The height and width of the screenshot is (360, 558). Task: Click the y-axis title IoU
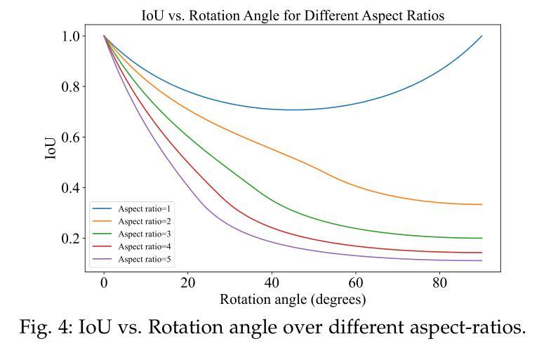[51, 148]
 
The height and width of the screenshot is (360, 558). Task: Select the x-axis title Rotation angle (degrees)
[293, 299]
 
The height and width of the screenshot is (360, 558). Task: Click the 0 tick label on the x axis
[104, 284]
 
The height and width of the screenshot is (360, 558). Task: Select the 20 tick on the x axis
[187, 284]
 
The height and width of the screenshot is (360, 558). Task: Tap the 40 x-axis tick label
[272, 284]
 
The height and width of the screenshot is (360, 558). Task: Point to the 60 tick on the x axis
[356, 284]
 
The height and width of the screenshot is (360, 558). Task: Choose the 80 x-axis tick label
[440, 284]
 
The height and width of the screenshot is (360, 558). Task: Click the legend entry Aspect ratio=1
[144, 209]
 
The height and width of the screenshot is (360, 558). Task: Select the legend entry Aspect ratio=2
[144, 222]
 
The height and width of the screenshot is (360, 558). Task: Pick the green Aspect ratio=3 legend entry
[144, 234]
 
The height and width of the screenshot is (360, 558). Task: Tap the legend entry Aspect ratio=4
[144, 247]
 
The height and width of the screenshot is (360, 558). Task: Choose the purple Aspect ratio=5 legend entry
[144, 260]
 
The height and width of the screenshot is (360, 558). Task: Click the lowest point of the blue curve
[293, 109]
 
